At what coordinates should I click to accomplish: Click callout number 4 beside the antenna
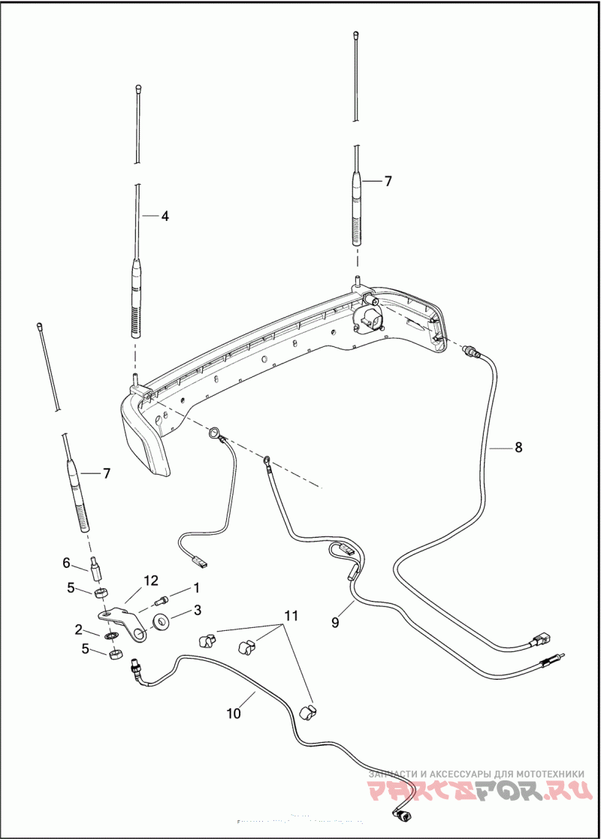[x=165, y=216]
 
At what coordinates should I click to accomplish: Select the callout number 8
[x=518, y=448]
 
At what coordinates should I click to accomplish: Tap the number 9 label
[x=336, y=622]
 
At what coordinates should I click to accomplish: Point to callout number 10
[x=234, y=713]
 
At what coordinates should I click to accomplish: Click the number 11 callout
[x=291, y=615]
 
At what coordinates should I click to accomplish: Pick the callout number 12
[x=152, y=580]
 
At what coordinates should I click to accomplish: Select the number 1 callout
[x=197, y=587]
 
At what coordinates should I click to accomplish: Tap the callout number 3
[x=198, y=610]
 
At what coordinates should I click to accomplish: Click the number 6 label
[x=65, y=563]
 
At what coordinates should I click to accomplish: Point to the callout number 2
[x=78, y=629]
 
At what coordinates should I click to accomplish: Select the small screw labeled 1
[x=161, y=600]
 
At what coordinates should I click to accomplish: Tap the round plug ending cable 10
[x=402, y=814]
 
